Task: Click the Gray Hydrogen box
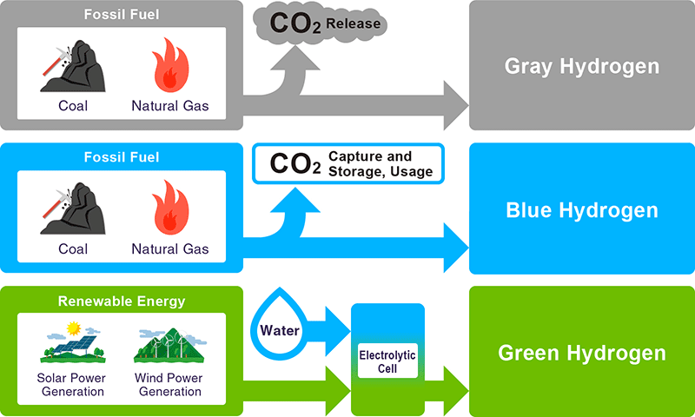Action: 581,66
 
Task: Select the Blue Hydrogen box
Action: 581,210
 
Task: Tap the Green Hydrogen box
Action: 581,353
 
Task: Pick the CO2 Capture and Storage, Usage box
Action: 347,163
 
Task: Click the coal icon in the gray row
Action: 73,66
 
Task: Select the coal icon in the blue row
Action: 73,209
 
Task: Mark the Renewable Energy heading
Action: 121,301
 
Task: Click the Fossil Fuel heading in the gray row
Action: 121,15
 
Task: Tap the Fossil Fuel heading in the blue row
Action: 121,157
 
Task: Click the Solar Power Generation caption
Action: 71,385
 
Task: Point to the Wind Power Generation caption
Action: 169,385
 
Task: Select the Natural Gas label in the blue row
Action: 170,249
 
